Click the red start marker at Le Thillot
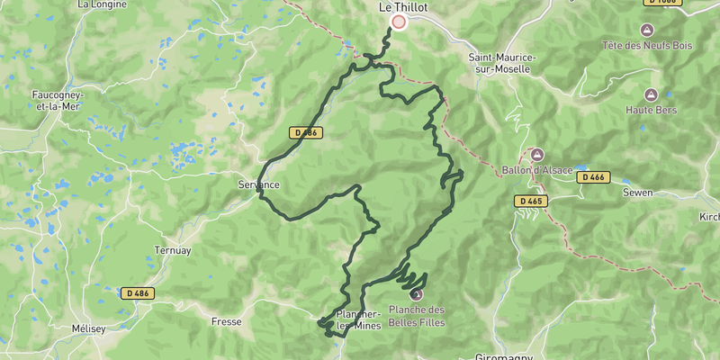coord(398,22)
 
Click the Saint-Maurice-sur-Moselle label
coord(502,63)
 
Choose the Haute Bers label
coord(650,111)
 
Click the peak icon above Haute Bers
coord(650,94)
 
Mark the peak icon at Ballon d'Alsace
coord(537,155)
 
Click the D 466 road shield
coord(593,178)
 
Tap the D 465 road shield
coord(529,201)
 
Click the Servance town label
coord(259,185)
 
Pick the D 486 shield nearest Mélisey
coord(137,293)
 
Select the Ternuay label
coord(173,251)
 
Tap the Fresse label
coord(226,321)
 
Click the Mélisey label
coord(89,329)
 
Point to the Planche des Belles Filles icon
coord(416,293)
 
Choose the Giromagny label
coord(504,356)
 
